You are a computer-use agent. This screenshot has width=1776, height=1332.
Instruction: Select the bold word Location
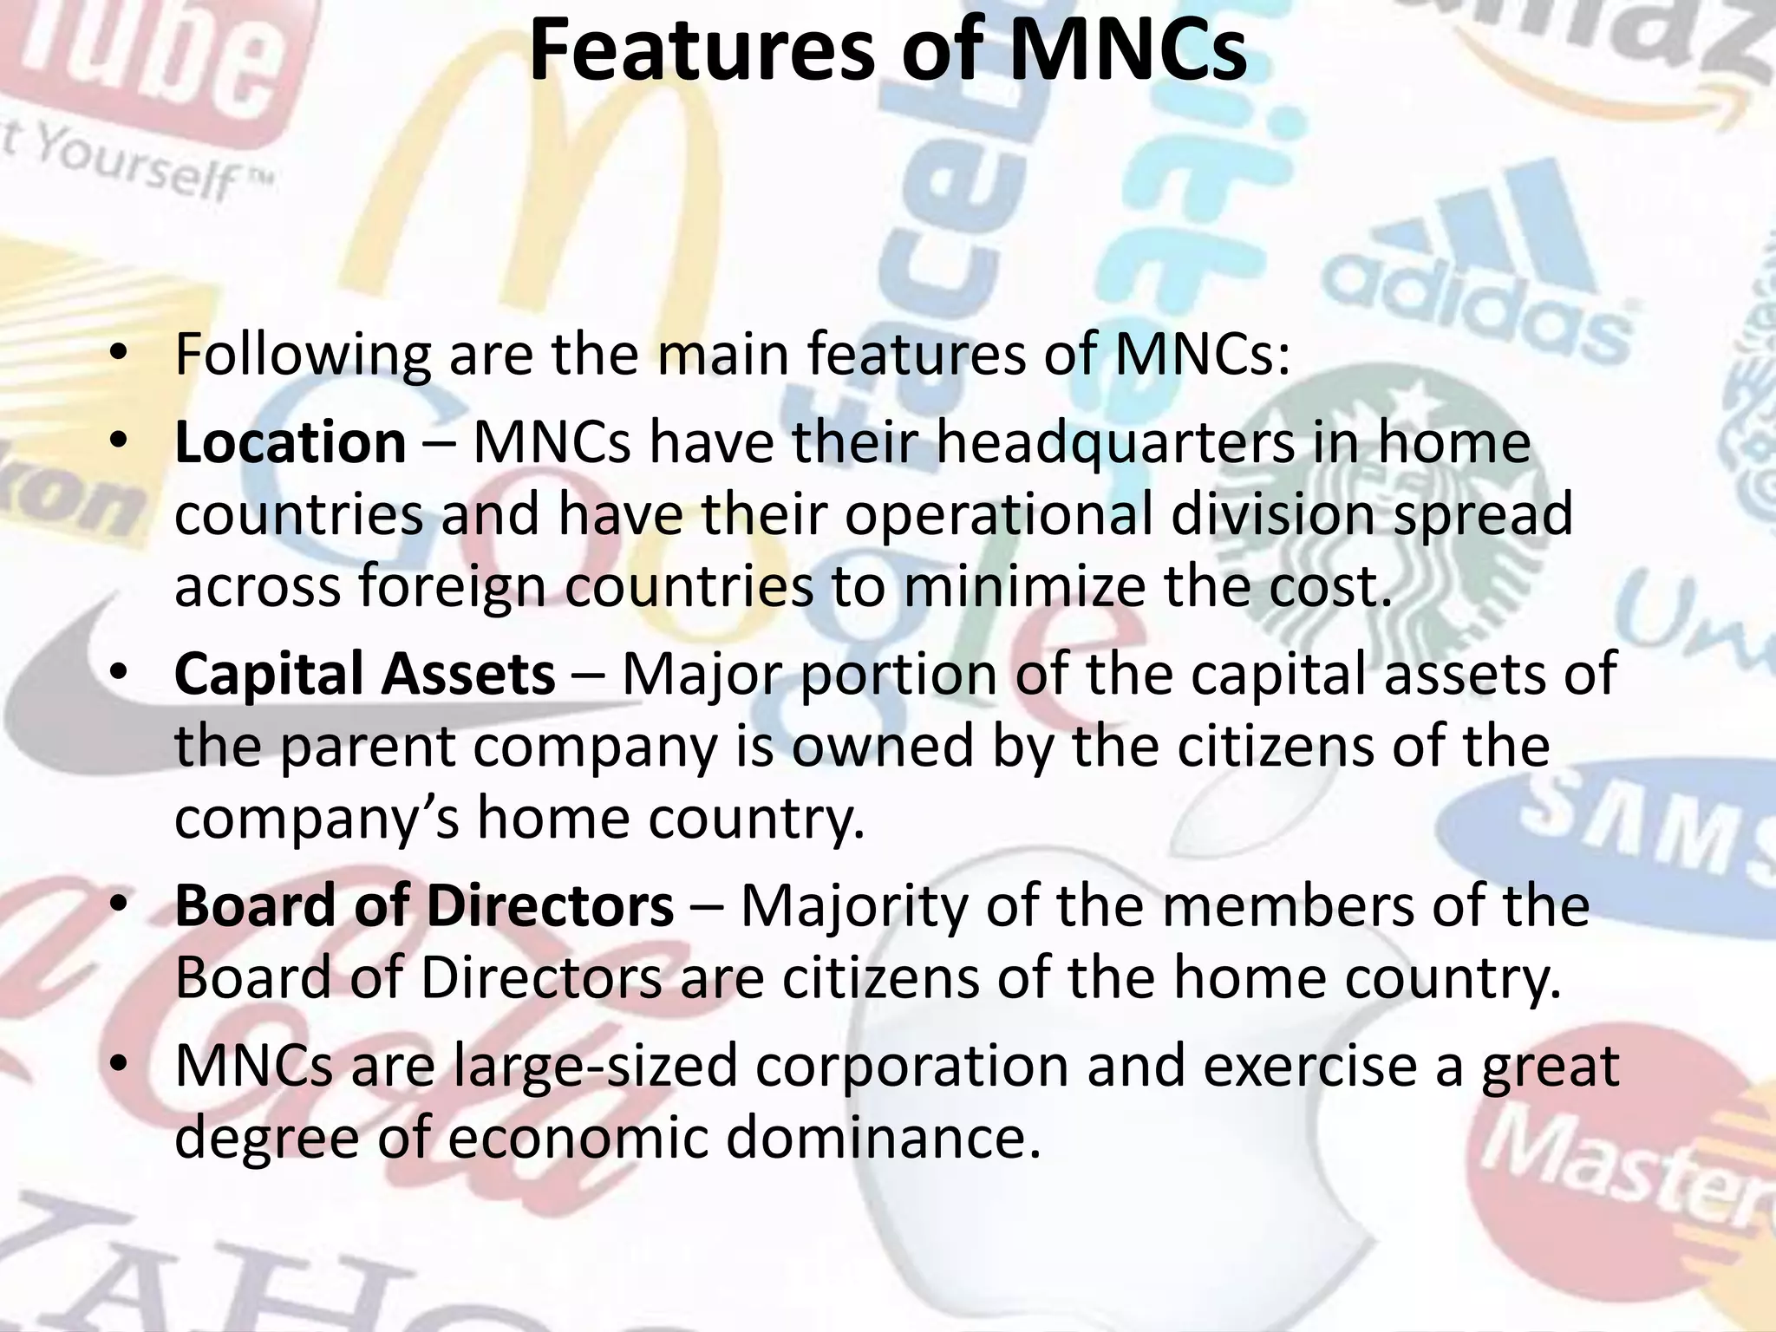point(291,442)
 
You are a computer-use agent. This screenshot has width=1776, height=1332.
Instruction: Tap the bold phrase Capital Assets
point(365,674)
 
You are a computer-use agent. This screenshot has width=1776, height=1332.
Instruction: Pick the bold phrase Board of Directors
point(424,906)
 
